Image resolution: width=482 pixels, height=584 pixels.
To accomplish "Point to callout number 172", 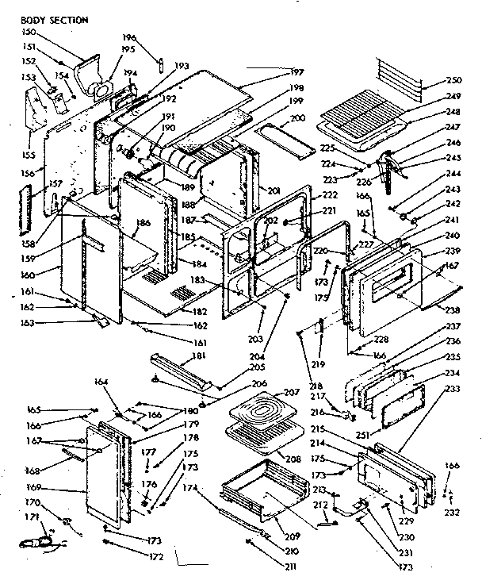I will click(x=156, y=556).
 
